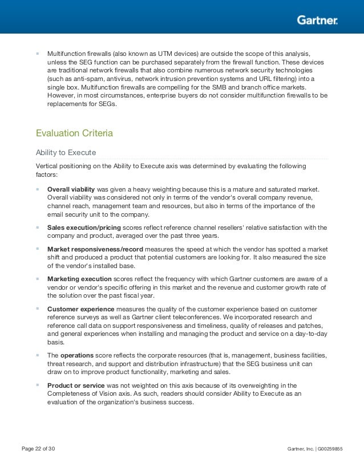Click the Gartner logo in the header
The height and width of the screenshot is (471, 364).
click(x=317, y=21)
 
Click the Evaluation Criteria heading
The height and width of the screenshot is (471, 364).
click(x=74, y=133)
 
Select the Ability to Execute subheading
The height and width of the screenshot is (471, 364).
click(x=66, y=152)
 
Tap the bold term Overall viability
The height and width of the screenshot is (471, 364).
click(x=71, y=189)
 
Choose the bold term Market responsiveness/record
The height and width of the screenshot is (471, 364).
click(x=95, y=249)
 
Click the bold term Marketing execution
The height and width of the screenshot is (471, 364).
click(x=79, y=279)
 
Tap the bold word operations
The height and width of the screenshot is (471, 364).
click(x=77, y=355)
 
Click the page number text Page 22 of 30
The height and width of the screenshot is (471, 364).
click(x=38, y=449)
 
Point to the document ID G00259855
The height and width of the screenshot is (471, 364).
click(x=330, y=449)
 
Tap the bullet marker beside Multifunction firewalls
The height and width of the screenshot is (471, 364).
click(x=38, y=53)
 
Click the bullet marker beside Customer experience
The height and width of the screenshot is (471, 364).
click(x=38, y=308)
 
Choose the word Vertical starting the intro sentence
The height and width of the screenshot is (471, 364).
click(x=47, y=166)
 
